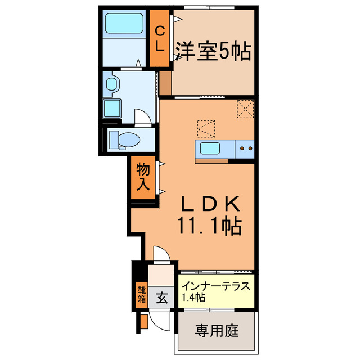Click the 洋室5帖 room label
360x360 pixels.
[213, 53]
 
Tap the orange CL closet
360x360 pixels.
[160, 38]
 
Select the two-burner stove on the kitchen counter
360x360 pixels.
[246, 149]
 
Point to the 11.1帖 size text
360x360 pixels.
[210, 226]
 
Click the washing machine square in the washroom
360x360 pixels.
[112, 108]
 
